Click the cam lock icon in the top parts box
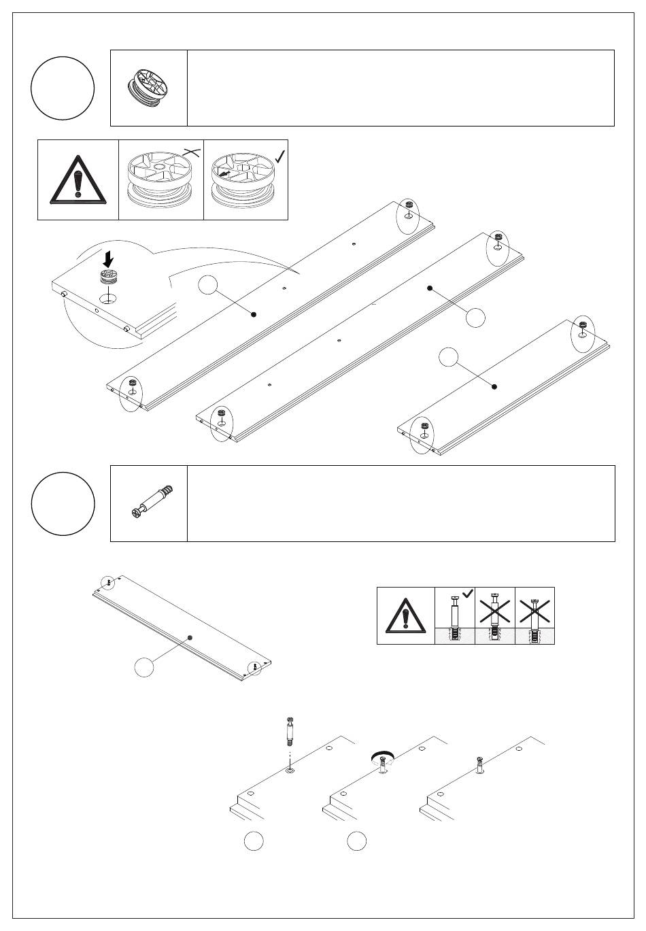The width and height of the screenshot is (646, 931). point(149,88)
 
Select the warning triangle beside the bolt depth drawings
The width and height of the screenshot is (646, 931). point(406,616)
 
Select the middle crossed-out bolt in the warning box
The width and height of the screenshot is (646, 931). point(495,615)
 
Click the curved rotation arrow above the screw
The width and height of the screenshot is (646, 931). point(383,756)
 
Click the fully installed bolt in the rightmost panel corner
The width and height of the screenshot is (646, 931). point(481,765)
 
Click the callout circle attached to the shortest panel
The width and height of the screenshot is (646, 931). point(449,356)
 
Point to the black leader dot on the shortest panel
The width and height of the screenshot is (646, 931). point(494,386)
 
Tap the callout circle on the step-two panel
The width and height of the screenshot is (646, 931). point(143,667)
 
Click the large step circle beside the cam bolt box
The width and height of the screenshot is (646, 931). point(63,504)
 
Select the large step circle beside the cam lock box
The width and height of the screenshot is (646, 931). point(63,88)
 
